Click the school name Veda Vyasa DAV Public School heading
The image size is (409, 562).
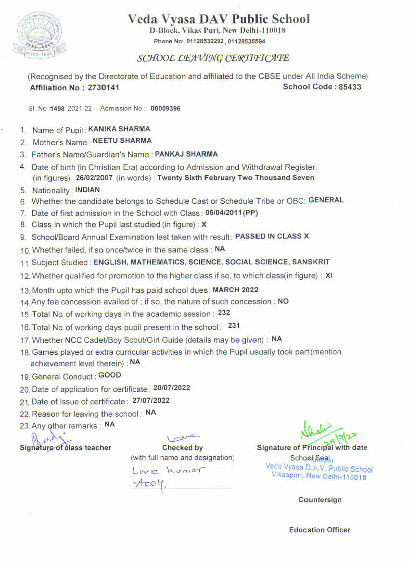pyautogui.click(x=219, y=19)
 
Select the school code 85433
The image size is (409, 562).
pyautogui.click(x=346, y=87)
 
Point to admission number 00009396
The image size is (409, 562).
pyautogui.click(x=166, y=109)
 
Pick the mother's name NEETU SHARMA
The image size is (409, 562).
pyautogui.click(x=122, y=141)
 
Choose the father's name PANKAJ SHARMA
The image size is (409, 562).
pyautogui.click(x=186, y=154)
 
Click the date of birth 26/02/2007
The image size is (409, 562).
pyautogui.click(x=94, y=177)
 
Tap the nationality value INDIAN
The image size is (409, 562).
pyautogui.click(x=88, y=190)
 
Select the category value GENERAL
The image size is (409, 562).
pyautogui.click(x=326, y=200)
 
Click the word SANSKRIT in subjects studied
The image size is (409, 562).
pyautogui.click(x=311, y=262)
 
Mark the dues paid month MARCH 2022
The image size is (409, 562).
pyautogui.click(x=235, y=290)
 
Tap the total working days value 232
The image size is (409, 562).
pyautogui.click(x=224, y=312)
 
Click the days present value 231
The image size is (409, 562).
pyautogui.click(x=234, y=325)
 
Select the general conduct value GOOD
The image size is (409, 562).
pyautogui.click(x=110, y=375)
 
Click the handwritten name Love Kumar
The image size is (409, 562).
pyautogui.click(x=167, y=470)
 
